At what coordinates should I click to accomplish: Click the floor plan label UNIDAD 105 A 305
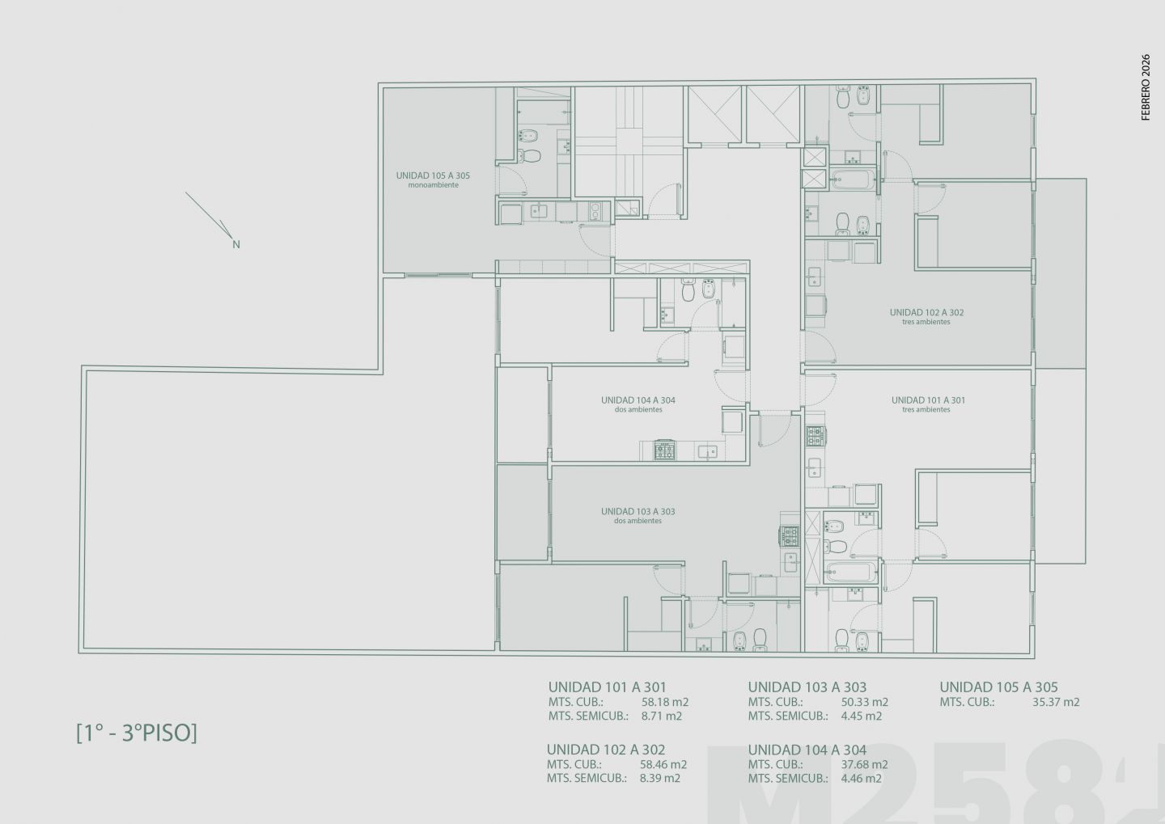433,175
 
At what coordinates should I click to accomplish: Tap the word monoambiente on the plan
434,185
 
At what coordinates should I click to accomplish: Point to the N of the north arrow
236,244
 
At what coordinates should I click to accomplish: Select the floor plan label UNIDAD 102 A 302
926,312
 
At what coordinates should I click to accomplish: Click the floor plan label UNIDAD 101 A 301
928,400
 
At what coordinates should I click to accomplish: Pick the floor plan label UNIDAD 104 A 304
638,400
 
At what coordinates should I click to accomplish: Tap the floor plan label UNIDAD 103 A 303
638,512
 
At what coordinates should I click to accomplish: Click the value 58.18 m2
665,702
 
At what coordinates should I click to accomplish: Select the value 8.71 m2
661,716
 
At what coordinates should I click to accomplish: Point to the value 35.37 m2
1056,702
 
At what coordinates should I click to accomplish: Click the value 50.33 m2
864,702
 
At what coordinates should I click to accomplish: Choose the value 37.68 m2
864,764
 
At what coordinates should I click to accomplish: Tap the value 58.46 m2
663,764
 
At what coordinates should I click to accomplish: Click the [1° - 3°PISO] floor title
137,733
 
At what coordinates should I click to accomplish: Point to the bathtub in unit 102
853,180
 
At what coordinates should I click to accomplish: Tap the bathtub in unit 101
851,573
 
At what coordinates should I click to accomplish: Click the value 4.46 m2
861,778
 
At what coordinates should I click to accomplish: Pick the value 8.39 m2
659,778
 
